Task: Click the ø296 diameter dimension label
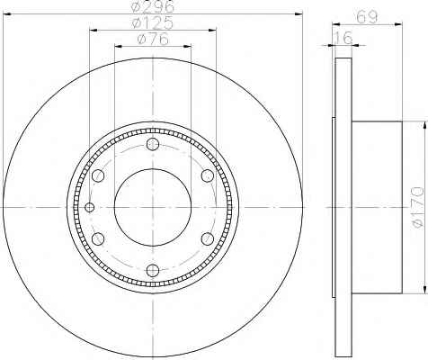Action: tap(153, 6)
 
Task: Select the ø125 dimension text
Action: tap(153, 22)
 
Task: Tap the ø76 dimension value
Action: tap(153, 40)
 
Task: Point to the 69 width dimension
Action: tap(367, 17)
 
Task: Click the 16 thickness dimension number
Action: tap(343, 38)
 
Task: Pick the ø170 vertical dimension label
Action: tap(419, 207)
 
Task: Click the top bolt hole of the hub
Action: tap(153, 144)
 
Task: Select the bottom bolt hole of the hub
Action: tap(153, 271)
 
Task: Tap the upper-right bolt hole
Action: tap(208, 175)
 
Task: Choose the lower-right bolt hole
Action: tap(208, 239)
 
